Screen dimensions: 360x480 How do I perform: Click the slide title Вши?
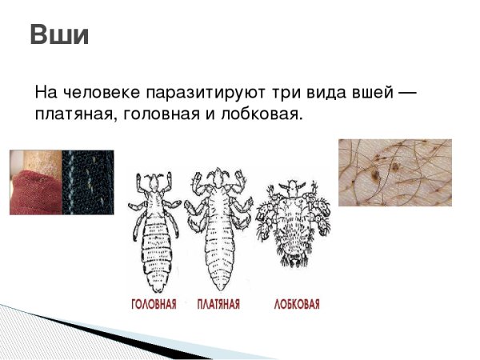(58, 36)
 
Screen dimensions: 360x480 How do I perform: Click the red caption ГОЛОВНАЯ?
(154, 304)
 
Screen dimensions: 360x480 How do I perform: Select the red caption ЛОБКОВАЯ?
(297, 304)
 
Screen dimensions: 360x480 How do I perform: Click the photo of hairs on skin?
(394, 171)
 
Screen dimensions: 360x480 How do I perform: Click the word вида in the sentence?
(312, 94)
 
